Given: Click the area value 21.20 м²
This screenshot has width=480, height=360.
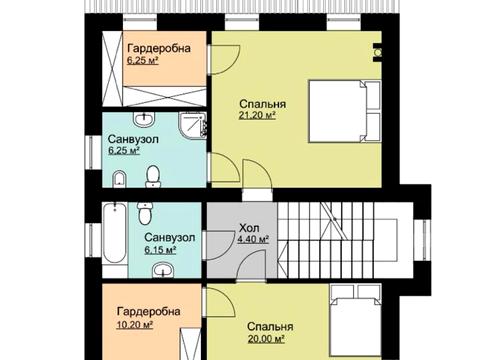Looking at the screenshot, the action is (257, 115).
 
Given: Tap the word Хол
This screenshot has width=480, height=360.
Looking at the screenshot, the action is (249, 228).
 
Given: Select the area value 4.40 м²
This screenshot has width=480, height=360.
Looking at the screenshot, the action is (253, 239).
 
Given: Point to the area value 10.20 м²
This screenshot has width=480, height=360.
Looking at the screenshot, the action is (135, 324).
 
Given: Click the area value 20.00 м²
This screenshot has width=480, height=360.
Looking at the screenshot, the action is (266, 339).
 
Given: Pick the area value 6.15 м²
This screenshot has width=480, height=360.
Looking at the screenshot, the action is (160, 250).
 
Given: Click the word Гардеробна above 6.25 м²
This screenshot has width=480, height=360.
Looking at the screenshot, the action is (159, 48).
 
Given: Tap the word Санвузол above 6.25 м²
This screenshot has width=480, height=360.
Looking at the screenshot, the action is (133, 139).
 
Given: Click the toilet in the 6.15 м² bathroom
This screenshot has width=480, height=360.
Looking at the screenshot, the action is (145, 214).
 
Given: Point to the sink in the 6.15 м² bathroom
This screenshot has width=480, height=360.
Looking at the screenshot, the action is (163, 270).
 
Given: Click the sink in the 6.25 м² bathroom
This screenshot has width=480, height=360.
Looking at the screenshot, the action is (144, 119).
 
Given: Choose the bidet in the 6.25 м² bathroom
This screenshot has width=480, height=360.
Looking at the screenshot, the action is (119, 179).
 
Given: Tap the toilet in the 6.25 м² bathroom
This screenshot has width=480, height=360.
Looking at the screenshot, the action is (153, 177).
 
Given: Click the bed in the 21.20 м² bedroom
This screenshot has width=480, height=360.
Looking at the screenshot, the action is (344, 111).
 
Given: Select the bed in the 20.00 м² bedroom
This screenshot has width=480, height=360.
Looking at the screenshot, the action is (355, 322).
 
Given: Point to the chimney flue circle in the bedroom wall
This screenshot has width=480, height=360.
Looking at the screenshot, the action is (378, 53).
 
